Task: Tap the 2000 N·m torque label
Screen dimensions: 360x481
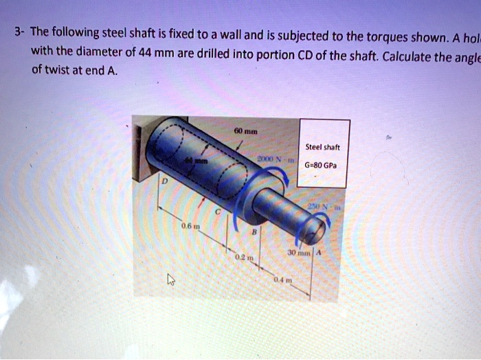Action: point(273,161)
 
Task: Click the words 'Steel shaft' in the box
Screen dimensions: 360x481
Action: point(324,146)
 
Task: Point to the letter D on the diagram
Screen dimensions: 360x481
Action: point(165,181)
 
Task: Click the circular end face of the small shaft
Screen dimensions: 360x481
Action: point(313,227)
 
